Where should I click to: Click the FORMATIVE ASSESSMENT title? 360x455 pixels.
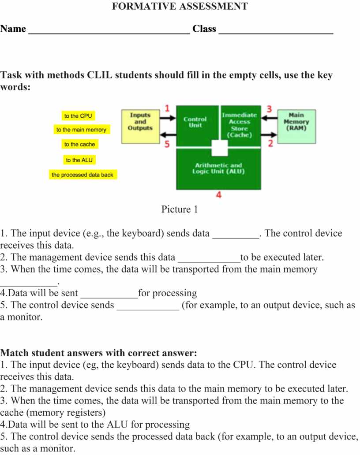coord(180,7)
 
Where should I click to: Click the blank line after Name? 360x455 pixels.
coord(109,31)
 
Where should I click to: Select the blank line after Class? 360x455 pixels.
coord(276,31)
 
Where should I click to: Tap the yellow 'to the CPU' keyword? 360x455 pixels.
coord(78,116)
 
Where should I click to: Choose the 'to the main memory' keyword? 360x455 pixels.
coord(81,130)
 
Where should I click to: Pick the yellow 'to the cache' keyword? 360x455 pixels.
coord(79,144)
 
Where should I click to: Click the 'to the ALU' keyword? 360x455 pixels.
coord(79,160)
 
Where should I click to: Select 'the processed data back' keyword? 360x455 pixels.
coord(82,175)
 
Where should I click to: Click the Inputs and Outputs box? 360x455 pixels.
coord(140,126)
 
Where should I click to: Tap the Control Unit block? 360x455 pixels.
coord(195,123)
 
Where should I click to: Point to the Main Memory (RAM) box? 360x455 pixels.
coord(296,125)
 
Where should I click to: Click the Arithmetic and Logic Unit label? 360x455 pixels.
coord(218,168)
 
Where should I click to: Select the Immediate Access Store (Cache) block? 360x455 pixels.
coord(240,125)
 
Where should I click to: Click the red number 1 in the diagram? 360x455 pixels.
coord(167,108)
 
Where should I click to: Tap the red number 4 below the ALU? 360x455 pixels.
coord(218,194)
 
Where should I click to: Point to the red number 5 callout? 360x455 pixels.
coord(167,144)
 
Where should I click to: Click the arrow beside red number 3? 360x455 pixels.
coord(270,118)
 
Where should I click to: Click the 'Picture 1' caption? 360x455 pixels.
coord(180,209)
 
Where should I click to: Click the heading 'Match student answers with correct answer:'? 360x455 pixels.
coord(98,353)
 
